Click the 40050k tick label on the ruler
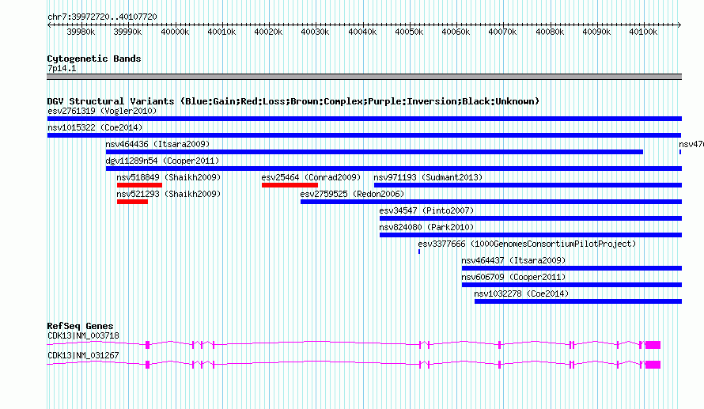409,32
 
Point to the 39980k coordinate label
81,32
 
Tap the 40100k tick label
643,32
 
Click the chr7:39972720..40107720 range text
102,17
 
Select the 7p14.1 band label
62,69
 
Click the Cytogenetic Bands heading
94,59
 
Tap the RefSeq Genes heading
81,327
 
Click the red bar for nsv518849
139,185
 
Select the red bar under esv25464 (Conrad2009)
290,185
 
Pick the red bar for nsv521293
132,202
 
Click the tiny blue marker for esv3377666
419,252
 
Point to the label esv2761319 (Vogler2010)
102,111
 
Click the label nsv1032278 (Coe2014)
521,293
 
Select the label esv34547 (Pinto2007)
426,210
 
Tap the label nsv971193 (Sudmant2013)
428,177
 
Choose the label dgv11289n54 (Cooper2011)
162,161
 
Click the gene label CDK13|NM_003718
84,335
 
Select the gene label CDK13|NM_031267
84,355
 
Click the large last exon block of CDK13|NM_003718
653,345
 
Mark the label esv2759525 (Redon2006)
353,194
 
